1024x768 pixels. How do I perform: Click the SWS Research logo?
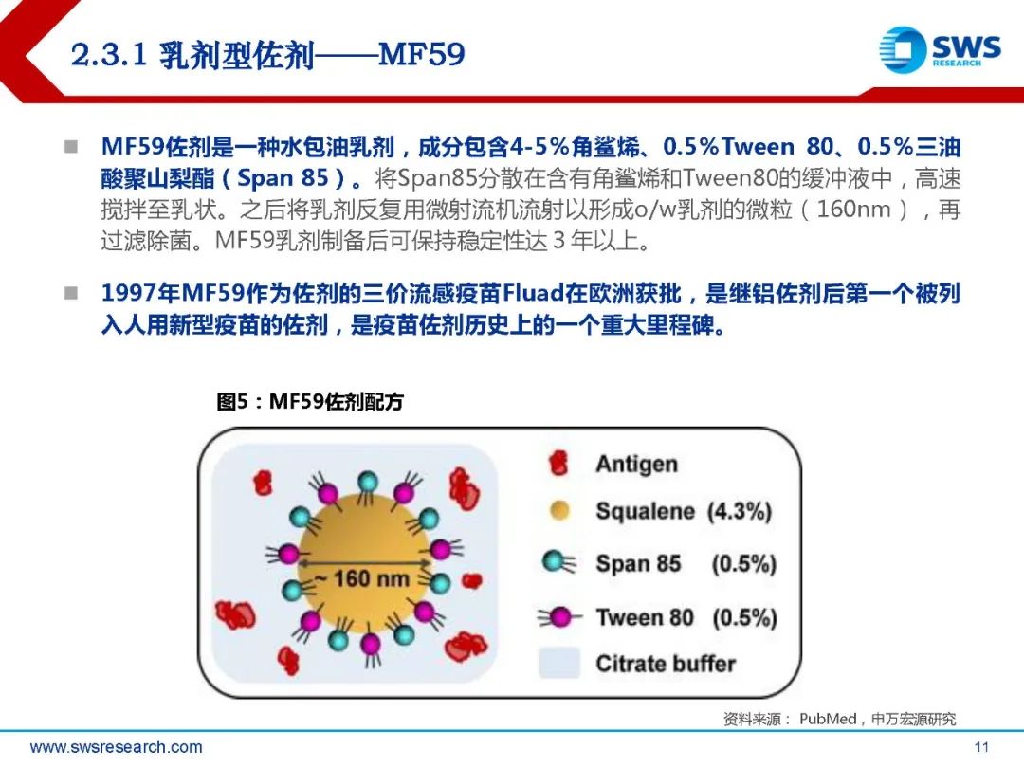coord(940,49)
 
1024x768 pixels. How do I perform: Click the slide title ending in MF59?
coord(267,54)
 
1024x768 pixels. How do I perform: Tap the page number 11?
coord(981,746)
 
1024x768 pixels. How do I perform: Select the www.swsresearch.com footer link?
coord(117,746)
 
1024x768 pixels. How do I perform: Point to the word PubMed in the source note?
coord(828,719)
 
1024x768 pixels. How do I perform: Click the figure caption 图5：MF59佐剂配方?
coord(310,401)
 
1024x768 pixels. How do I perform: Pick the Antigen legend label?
coord(637,464)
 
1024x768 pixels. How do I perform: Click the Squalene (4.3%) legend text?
coord(684,511)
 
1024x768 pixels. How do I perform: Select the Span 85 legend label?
coord(638,563)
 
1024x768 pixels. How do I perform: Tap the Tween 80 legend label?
coord(644,616)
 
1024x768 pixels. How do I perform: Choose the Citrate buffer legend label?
coord(666,664)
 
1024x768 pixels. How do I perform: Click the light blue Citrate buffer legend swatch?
coord(559,662)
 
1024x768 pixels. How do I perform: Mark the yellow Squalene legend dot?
coord(559,510)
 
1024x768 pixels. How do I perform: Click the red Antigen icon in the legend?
coord(558,463)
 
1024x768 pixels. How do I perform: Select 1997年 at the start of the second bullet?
coord(140,293)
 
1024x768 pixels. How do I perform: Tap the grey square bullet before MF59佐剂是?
coord(71,147)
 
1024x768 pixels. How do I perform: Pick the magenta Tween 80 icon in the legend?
coord(558,616)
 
